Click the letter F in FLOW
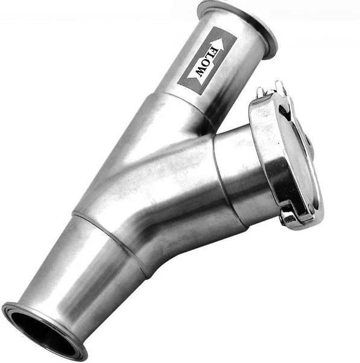point(213,51)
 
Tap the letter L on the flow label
point(209,58)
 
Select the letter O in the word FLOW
point(205,65)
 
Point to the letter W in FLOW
point(200,72)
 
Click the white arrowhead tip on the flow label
point(221,39)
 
